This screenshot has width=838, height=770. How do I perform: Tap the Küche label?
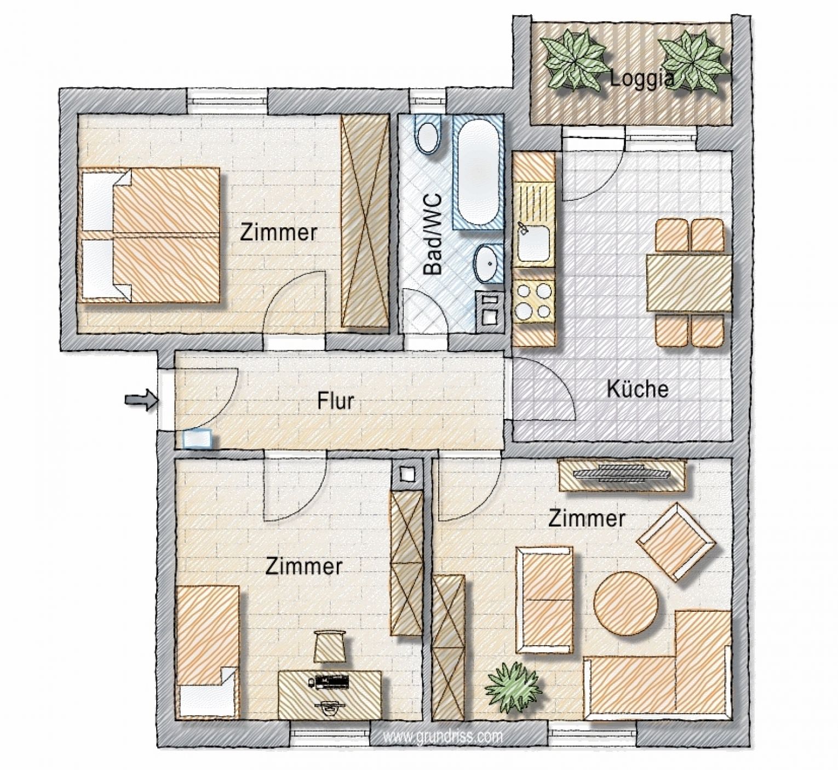point(637,389)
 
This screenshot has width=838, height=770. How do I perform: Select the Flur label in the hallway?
point(336,401)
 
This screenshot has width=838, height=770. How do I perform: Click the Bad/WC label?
point(432,233)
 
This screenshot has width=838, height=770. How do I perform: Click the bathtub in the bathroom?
point(478,171)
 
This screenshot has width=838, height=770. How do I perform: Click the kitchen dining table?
point(688,283)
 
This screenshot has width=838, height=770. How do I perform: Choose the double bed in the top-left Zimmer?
point(150,235)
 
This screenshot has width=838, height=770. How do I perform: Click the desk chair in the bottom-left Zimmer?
point(330,646)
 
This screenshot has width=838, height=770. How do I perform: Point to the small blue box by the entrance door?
point(197,439)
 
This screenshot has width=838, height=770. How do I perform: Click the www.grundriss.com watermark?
point(443,736)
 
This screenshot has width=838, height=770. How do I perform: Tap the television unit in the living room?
point(622,475)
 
